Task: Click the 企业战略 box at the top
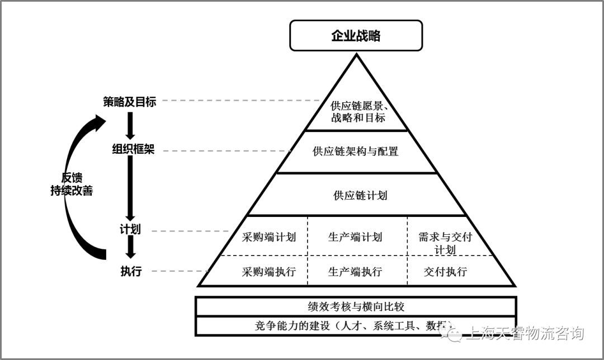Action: point(356,36)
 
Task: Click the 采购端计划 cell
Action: point(269,236)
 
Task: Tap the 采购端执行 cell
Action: point(269,272)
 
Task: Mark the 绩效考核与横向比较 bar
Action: point(356,306)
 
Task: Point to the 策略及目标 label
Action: point(130,102)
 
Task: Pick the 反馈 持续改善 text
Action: point(70,184)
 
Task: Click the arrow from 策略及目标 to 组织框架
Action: point(131,126)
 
